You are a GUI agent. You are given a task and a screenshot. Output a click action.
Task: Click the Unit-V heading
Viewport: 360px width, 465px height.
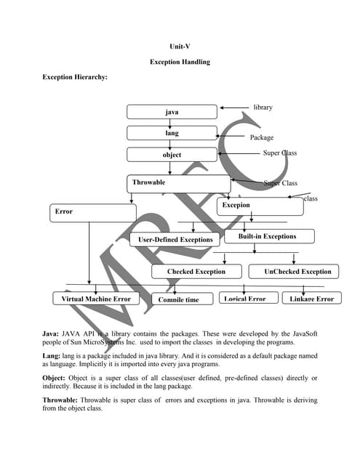[180, 46]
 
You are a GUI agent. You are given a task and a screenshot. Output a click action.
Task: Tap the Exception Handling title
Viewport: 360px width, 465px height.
[180, 62]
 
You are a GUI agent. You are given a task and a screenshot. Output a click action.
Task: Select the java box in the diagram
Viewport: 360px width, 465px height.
[172, 112]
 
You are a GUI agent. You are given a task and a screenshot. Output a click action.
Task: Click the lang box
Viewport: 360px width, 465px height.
[172, 133]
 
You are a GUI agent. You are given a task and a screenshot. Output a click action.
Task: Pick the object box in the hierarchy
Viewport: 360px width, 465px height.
[172, 154]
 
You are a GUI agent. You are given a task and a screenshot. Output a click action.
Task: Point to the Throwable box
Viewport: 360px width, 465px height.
[180, 183]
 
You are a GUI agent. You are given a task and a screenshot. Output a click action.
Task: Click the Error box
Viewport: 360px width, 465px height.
[92, 212]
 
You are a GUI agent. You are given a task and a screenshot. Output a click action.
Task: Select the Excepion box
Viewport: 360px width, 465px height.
[260, 206]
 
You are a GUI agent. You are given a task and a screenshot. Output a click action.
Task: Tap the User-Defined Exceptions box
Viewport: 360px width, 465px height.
[175, 239]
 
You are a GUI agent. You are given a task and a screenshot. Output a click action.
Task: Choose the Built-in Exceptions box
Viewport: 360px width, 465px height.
[267, 236]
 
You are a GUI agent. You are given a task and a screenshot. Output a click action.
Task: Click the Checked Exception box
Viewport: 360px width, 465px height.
[196, 272]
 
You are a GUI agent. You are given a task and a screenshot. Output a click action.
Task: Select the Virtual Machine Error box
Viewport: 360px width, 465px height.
[96, 299]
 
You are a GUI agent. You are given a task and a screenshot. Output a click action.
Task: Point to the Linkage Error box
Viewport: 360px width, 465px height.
[311, 299]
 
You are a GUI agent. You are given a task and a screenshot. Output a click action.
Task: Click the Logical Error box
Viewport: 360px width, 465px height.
[245, 299]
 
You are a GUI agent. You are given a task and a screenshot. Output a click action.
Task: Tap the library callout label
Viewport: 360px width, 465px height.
[263, 108]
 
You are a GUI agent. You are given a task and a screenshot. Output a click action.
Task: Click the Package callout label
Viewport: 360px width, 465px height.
[262, 137]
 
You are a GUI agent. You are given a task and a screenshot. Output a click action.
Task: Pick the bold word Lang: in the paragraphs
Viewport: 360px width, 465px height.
[52, 356]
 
